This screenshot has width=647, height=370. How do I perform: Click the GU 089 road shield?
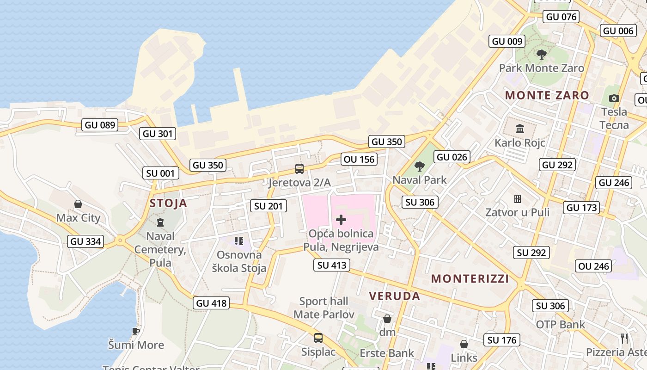(x=100, y=124)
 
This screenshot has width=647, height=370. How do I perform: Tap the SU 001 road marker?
(x=160, y=173)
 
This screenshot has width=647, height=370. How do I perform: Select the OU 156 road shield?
(x=360, y=160)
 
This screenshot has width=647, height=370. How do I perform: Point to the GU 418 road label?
(x=212, y=303)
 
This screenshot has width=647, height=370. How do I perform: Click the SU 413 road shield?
(x=331, y=265)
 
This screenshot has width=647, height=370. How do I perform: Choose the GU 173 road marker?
(x=582, y=208)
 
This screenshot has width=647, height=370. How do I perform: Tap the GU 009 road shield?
(x=507, y=41)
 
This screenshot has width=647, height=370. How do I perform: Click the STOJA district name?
(x=168, y=203)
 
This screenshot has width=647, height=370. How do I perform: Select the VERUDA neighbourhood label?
(x=395, y=296)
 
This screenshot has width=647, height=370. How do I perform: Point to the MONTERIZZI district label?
(x=470, y=278)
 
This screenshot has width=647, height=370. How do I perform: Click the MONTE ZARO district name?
(x=547, y=96)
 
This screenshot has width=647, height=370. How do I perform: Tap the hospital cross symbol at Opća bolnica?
(x=341, y=220)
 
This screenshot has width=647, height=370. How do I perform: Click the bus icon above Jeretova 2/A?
(x=299, y=169)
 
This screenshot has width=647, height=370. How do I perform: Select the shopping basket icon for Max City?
(x=78, y=204)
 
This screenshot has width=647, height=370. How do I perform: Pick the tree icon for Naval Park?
(x=420, y=166)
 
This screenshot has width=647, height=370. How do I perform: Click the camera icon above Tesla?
(x=614, y=98)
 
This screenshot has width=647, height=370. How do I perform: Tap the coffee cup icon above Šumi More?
(x=136, y=331)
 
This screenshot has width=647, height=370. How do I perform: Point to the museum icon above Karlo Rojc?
(x=520, y=129)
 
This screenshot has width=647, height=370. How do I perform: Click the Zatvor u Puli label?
(x=517, y=213)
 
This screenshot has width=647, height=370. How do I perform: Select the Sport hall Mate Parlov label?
(x=323, y=308)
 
